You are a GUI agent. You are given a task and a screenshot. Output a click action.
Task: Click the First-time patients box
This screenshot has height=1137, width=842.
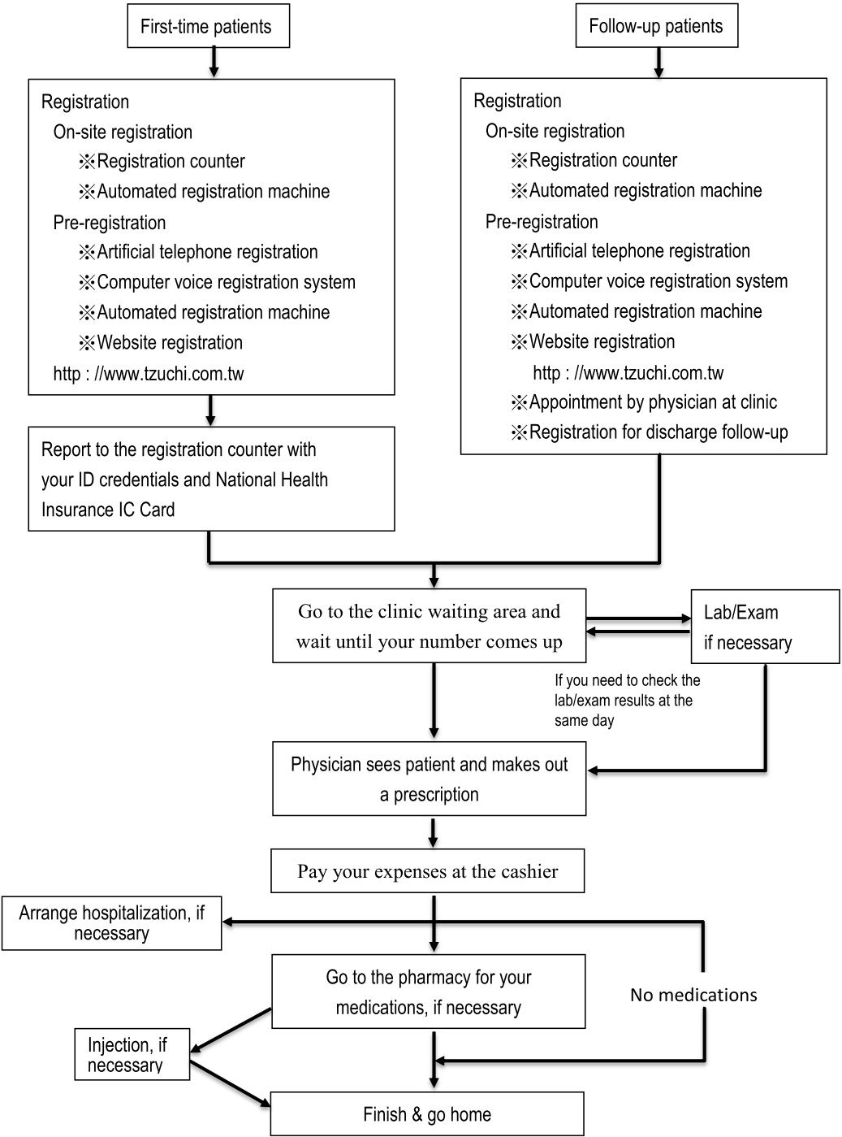pyautogui.click(x=208, y=27)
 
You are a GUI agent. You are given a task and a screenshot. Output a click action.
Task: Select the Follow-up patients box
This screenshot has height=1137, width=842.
pyautogui.click(x=656, y=26)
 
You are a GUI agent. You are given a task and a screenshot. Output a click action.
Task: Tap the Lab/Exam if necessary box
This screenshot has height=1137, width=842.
pyautogui.click(x=764, y=627)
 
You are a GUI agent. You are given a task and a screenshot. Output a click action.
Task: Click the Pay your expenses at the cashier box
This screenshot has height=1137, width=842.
pyautogui.click(x=428, y=872)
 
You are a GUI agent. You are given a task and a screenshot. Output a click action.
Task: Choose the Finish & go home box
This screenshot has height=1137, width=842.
pyautogui.click(x=427, y=1114)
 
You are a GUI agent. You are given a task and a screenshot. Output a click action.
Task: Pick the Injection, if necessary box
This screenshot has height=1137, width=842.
pyautogui.click(x=132, y=1055)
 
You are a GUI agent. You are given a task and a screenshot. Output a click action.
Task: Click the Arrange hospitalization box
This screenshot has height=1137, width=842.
pyautogui.click(x=111, y=923)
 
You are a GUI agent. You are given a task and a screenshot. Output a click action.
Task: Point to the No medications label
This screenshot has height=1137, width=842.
pyautogui.click(x=693, y=995)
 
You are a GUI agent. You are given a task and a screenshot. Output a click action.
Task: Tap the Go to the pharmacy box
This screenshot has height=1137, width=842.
pyautogui.click(x=428, y=992)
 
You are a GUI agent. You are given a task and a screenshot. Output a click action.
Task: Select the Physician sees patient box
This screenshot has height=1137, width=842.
pyautogui.click(x=429, y=779)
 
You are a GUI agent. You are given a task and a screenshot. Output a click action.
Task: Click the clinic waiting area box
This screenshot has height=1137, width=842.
pyautogui.click(x=429, y=626)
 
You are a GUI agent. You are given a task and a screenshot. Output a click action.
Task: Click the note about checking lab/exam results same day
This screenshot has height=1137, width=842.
pyautogui.click(x=627, y=700)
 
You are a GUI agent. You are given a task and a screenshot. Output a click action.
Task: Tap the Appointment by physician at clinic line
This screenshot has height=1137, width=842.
pyautogui.click(x=653, y=402)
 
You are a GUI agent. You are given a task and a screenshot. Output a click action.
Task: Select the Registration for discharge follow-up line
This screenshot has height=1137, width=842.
pyautogui.click(x=658, y=432)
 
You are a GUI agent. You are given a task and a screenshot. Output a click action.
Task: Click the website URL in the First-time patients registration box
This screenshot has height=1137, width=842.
pyautogui.click(x=149, y=374)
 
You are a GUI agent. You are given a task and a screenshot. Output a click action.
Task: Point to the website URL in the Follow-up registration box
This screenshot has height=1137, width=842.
pyautogui.click(x=628, y=373)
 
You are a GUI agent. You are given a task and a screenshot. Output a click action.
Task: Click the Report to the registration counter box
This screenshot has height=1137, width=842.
pyautogui.click(x=211, y=480)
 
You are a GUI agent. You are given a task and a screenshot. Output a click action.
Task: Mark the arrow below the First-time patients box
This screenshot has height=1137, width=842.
pyautogui.click(x=214, y=63)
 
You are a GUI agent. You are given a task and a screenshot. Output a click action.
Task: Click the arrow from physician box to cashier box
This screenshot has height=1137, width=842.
pyautogui.click(x=434, y=832)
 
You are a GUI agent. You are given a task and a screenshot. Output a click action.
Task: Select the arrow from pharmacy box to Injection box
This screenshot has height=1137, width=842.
pyautogui.click(x=231, y=1030)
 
